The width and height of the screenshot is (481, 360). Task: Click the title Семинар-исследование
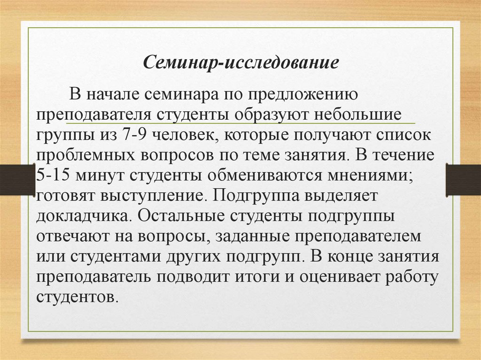(240, 62)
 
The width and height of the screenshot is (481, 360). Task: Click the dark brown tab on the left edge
(18, 179)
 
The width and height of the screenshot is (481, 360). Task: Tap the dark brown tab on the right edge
(463, 179)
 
